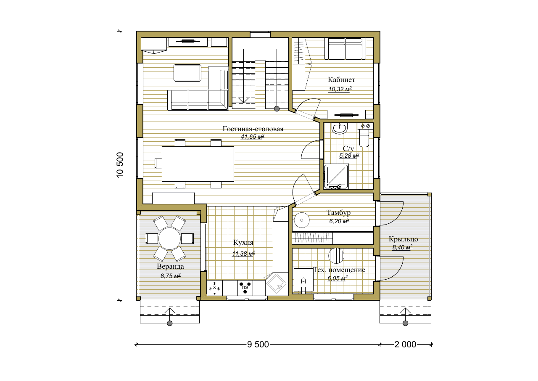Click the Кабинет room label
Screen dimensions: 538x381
point(341,79)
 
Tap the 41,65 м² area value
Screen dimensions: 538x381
point(253,137)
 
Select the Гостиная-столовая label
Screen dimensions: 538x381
point(253,129)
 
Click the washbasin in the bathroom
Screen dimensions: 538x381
point(339,128)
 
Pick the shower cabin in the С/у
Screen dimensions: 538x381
point(336,176)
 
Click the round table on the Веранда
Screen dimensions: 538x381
point(169,239)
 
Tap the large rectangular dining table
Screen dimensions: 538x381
point(198,164)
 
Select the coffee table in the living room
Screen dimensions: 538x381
point(187,73)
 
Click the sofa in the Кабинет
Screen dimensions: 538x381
point(345,48)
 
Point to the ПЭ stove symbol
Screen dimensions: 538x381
point(245,288)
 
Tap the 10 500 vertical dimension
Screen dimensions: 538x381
point(120,165)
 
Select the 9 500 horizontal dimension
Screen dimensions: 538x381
point(258,344)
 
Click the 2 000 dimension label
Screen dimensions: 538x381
point(405,344)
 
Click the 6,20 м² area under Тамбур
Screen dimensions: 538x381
point(339,221)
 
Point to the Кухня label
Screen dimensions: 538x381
point(243,243)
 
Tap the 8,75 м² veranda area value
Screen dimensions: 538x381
point(171,276)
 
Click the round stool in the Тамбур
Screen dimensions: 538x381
point(302,220)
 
